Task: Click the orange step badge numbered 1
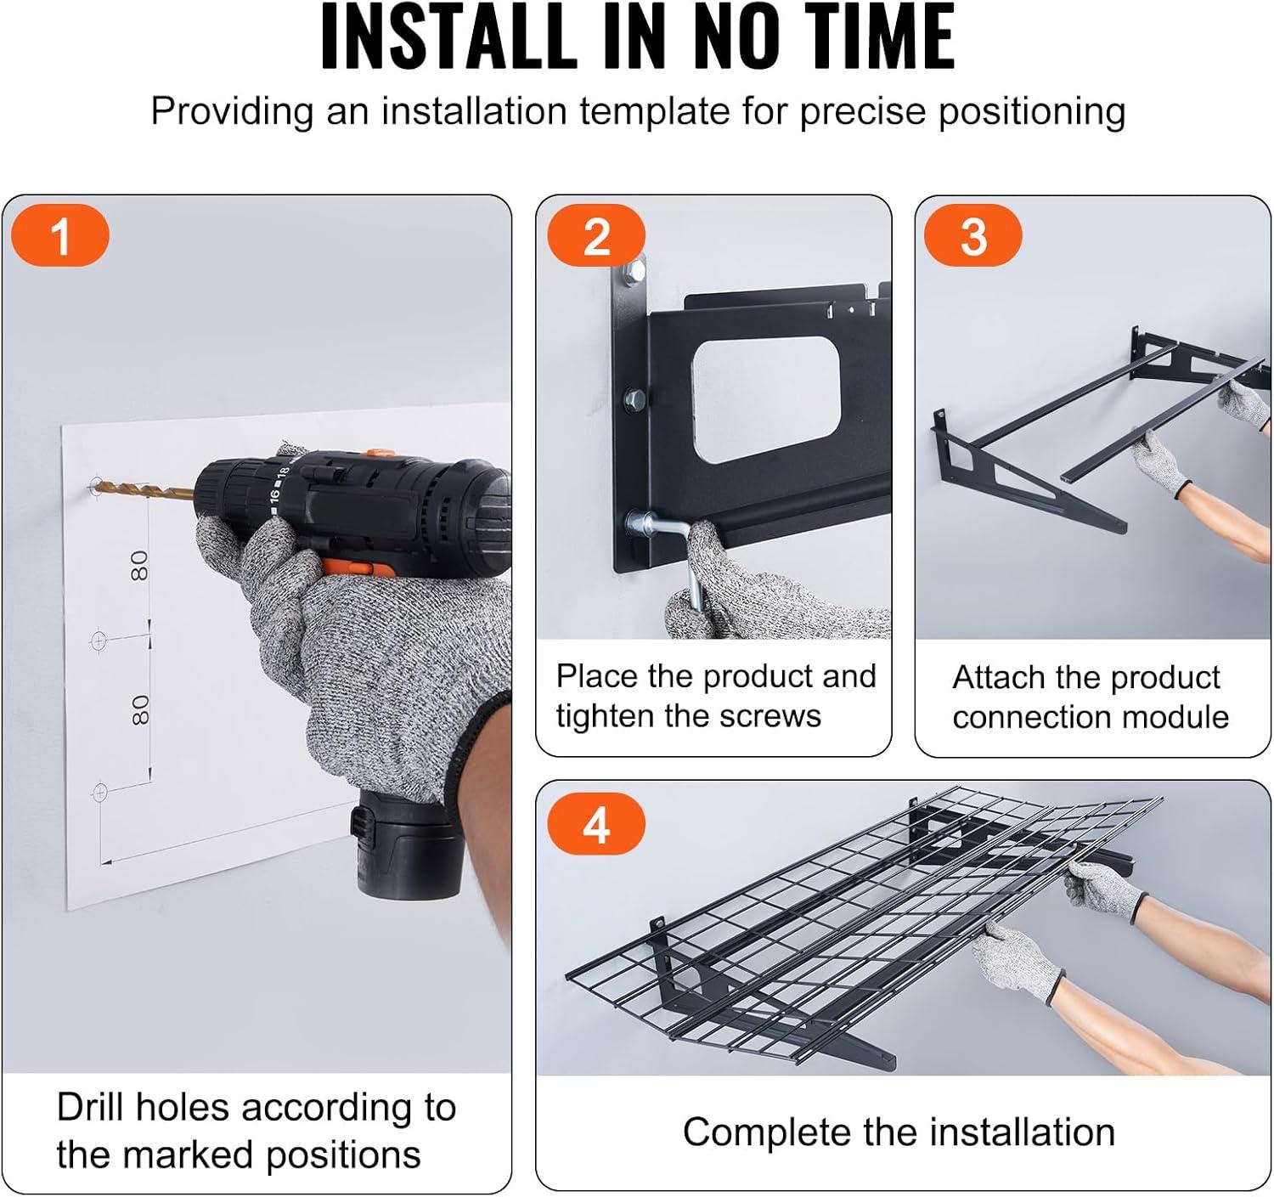[60, 235]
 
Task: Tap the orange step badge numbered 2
[596, 235]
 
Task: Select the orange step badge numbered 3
[972, 235]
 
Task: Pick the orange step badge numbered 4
[596, 823]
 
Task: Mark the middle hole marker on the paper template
[99, 641]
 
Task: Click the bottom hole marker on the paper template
[99, 793]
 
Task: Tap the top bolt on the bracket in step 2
[633, 270]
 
